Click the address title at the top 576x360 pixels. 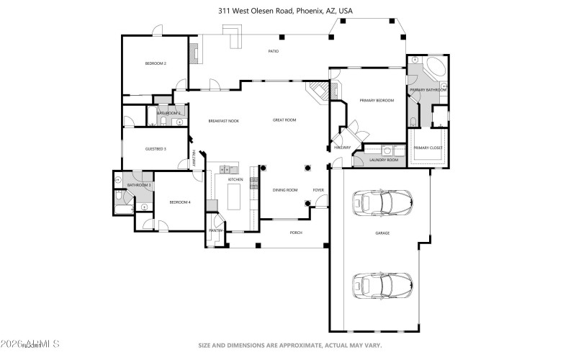coord(286,11)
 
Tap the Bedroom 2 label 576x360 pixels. coord(156,64)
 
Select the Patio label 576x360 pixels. coord(274,51)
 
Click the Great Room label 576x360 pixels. coord(284,120)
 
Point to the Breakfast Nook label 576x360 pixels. coord(223,120)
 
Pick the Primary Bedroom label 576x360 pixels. coord(377,101)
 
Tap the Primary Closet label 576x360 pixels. coord(428,148)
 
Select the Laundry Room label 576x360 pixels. coord(383,160)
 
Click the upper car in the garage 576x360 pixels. coord(382,202)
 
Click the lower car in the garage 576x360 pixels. coord(382,285)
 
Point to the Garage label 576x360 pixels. coord(382,233)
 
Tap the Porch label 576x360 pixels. coord(295,233)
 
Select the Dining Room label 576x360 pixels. coord(284,190)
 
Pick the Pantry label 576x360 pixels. coord(216,230)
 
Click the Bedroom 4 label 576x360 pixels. coord(179,202)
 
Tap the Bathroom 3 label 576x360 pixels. coord(139,185)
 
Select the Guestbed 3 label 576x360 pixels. coord(156,149)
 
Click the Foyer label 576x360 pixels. coord(318,190)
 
